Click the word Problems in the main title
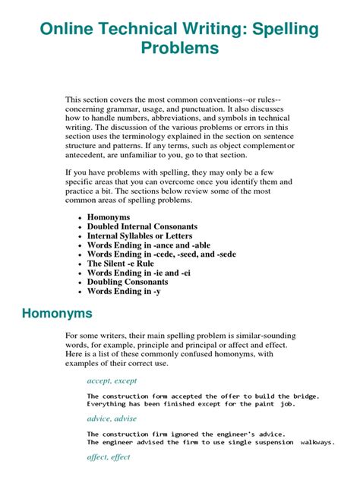click(x=180, y=49)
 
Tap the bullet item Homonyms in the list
click(x=110, y=216)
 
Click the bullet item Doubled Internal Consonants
click(x=142, y=226)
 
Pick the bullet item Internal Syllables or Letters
click(x=140, y=236)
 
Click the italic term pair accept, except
click(x=112, y=381)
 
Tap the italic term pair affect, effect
click(x=109, y=457)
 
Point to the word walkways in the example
click(x=317, y=441)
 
